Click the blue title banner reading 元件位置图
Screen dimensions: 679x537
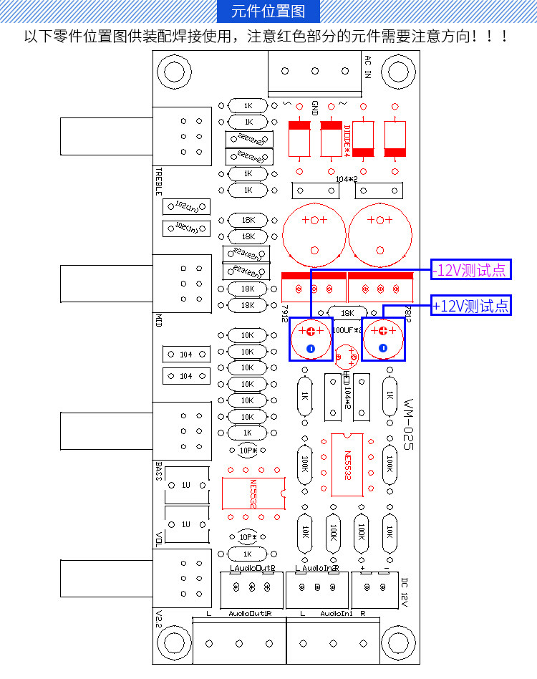[x=268, y=11]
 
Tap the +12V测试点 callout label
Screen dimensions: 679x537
[x=471, y=306]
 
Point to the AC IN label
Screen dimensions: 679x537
[x=367, y=67]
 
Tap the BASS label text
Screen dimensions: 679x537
[x=159, y=470]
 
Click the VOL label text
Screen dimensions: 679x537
[x=159, y=539]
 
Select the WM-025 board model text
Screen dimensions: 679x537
[x=407, y=423]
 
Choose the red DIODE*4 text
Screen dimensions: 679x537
[x=347, y=138]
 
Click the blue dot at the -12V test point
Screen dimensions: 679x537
[x=311, y=348]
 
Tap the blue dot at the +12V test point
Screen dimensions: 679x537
[x=382, y=348]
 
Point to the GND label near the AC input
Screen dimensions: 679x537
[x=315, y=107]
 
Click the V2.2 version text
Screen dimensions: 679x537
[x=159, y=618]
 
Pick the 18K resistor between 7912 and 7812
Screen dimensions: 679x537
[x=347, y=313]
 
